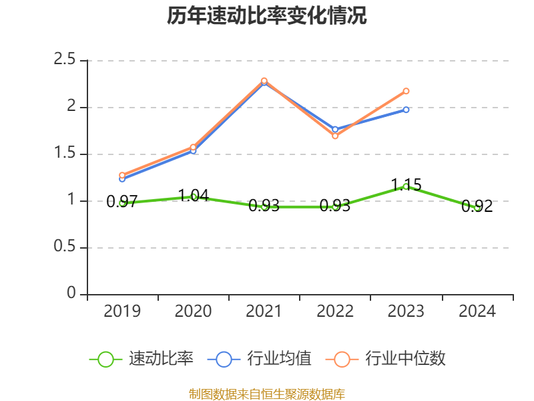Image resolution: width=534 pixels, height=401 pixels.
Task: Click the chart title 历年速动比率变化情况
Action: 267,16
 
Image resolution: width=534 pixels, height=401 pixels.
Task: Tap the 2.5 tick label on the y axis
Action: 65,60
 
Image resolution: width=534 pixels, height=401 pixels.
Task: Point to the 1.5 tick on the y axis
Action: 65,154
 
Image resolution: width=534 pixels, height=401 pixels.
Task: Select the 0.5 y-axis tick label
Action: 65,247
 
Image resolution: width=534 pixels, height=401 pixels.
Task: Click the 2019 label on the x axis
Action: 123,311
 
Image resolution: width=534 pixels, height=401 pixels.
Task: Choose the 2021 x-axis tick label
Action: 264,311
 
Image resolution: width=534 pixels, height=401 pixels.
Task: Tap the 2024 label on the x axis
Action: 477,311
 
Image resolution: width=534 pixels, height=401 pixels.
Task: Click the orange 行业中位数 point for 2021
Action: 264,80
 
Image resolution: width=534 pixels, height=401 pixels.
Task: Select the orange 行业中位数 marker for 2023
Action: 406,91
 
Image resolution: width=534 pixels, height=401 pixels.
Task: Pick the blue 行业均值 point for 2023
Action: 406,110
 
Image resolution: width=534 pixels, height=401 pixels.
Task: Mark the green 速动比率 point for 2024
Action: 477,208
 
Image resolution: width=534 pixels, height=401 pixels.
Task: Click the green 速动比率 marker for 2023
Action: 406,186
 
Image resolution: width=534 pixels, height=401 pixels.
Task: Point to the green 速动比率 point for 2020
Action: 194,196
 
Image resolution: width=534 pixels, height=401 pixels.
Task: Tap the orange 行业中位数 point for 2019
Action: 122,175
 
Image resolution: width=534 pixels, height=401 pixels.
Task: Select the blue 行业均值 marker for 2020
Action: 194,151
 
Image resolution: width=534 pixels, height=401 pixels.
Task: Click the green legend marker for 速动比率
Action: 105,359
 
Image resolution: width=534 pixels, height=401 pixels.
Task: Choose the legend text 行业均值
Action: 279,359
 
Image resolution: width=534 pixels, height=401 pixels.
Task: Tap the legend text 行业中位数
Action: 405,359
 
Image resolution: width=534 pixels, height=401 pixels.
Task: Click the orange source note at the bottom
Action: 267,394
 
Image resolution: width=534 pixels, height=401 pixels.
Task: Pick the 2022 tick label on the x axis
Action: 335,311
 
